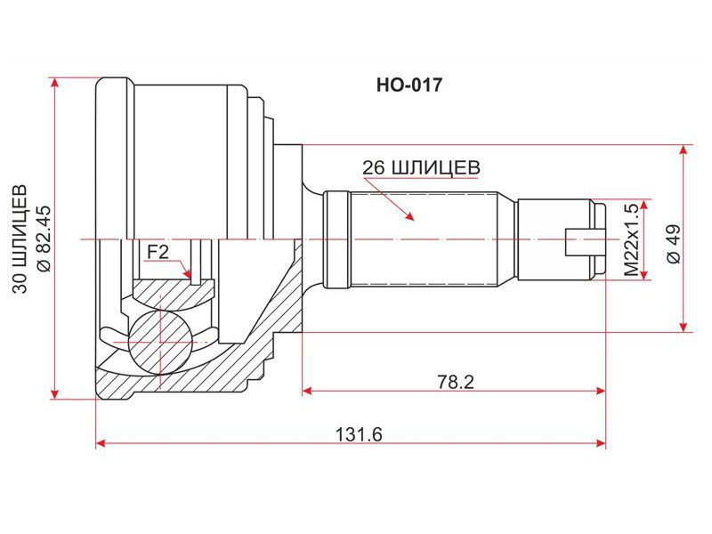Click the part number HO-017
[409, 85]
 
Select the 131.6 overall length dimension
[359, 435]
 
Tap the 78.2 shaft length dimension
[456, 382]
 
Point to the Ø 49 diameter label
[674, 243]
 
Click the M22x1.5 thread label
[631, 239]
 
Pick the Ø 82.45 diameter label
[44, 239]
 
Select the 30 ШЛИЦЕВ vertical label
[20, 239]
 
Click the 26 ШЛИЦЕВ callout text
[421, 167]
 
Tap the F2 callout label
[158, 252]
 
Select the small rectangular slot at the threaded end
[586, 242]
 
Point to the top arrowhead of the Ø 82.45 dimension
[55, 83]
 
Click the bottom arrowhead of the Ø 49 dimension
[683, 327]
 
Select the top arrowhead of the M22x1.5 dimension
[643, 206]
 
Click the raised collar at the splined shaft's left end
[337, 239]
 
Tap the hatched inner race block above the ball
[173, 295]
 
